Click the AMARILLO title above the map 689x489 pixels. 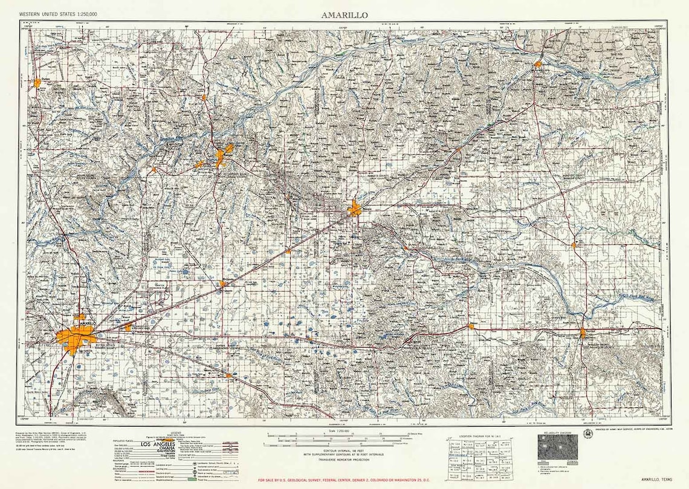click(344, 14)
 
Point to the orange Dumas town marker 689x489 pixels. click(37, 83)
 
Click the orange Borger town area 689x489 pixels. click(224, 155)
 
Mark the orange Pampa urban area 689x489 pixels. click(355, 209)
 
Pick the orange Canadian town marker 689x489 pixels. click(537, 63)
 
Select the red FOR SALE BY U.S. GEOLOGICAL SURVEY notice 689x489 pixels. click(344, 481)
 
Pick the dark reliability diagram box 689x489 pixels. click(557, 447)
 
